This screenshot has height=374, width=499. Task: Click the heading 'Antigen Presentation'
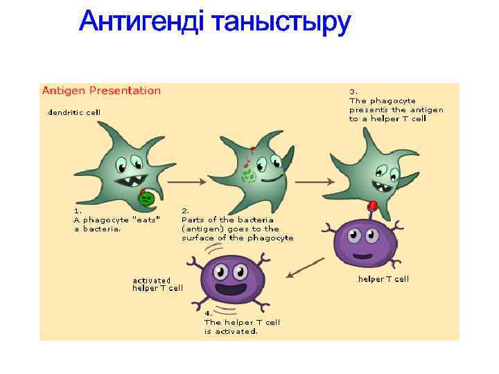[x=101, y=91]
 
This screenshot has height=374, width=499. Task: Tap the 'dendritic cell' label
[x=73, y=112]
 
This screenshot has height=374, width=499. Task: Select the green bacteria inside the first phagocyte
[x=147, y=199]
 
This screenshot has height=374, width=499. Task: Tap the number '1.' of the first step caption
[x=78, y=210]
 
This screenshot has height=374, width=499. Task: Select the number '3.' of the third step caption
[x=353, y=91]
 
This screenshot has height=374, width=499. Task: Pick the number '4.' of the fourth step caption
[x=208, y=313]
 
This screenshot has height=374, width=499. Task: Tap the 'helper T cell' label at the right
[x=383, y=279]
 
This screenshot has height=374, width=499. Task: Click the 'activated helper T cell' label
[x=157, y=284]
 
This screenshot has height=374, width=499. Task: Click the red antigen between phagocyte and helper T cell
[x=373, y=206]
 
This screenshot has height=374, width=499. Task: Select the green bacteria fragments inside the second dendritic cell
[x=248, y=177]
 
